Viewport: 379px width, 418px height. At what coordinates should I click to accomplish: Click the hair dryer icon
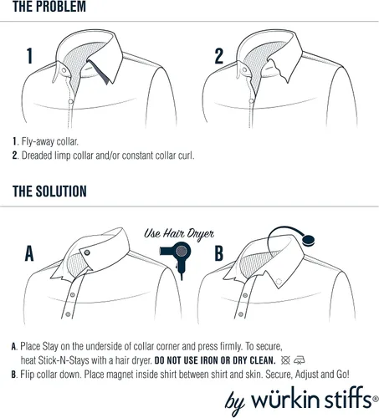[x=177, y=257]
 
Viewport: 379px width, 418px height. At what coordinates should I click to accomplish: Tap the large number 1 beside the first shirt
[x=29, y=56]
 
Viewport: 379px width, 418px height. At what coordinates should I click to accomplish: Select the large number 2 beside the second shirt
[x=219, y=56]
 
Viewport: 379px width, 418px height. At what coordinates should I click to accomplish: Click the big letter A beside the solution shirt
[x=29, y=253]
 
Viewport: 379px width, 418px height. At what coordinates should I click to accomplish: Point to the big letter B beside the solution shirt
[x=219, y=253]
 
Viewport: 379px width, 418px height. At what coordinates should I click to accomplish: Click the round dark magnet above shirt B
[x=309, y=240]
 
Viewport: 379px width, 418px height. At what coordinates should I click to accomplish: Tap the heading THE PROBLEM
[x=49, y=7]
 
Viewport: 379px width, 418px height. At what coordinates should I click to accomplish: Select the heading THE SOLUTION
[x=49, y=191]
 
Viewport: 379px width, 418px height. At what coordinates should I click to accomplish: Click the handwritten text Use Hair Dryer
[x=179, y=234]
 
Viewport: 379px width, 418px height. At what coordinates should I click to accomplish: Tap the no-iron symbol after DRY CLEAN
[x=300, y=360]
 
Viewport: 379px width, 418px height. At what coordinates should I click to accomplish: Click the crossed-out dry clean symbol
[x=285, y=360]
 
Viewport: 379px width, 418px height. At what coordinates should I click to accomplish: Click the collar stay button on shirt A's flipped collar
[x=87, y=252]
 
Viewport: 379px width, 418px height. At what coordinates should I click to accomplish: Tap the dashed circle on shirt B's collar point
[x=279, y=282]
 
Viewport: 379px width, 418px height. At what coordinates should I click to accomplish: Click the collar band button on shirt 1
[x=64, y=70]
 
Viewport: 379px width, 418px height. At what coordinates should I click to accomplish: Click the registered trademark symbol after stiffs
[x=375, y=400]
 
